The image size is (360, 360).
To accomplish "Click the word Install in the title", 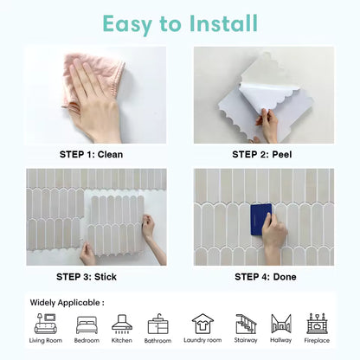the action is pos(223,23).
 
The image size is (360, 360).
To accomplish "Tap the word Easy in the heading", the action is pos(127,25).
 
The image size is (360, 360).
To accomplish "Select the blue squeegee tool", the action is pos(261,220).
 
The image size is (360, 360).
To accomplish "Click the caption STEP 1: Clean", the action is pos(91,154).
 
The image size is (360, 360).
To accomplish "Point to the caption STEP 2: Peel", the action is pos(262,154).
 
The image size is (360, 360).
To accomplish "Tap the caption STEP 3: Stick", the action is pos(87,277).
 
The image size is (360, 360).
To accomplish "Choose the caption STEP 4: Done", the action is pos(266,277).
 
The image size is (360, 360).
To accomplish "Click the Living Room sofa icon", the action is pos(46,324).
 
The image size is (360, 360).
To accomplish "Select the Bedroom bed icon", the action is pos(87,325).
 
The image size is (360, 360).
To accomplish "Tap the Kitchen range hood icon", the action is pos(122,324).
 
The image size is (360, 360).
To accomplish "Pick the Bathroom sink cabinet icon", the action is pos(157,325).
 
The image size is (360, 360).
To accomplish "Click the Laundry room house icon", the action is pos(202,324).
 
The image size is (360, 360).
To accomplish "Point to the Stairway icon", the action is pos(246,324).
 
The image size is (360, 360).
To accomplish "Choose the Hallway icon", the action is pos(281,324).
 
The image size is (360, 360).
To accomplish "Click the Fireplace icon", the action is pos(317,324).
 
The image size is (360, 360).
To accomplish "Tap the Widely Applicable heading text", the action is pos(67,303).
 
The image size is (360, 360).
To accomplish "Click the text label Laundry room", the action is pos(202,340).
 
